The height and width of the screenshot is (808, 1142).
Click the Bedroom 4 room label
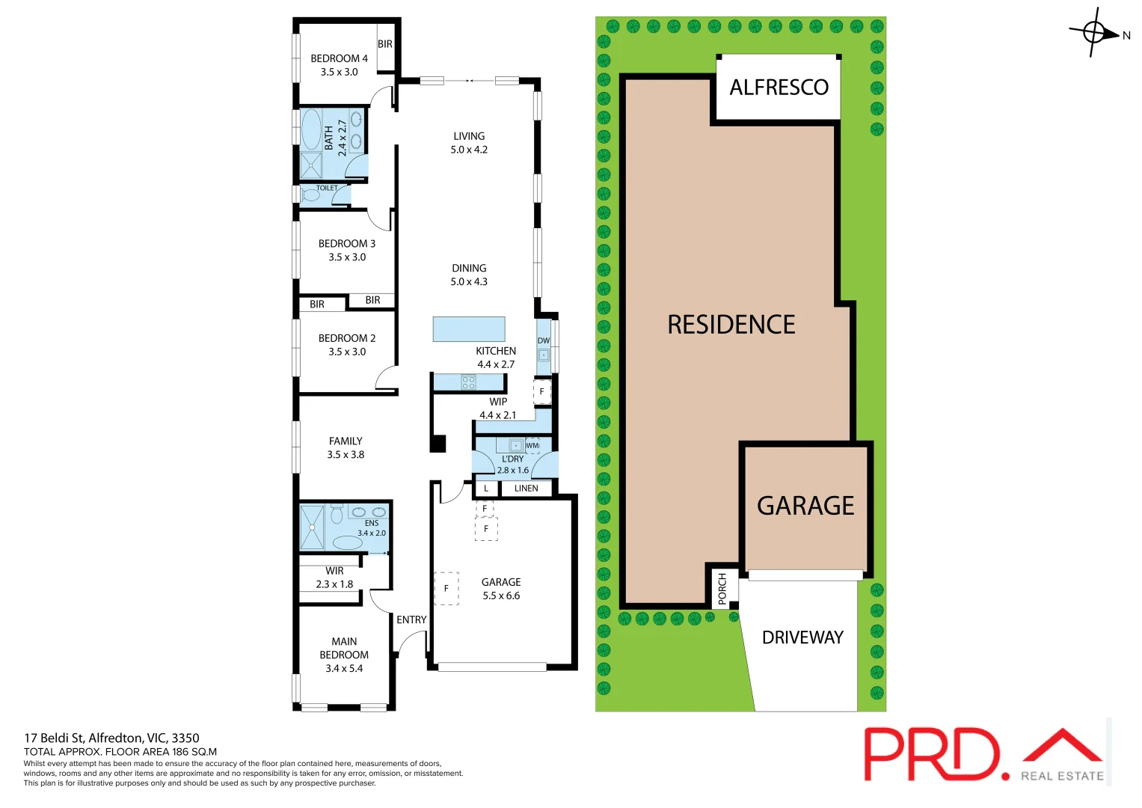tap(339, 58)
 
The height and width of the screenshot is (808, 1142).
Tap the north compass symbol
tap(1096, 32)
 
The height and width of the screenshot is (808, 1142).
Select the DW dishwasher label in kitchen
tap(544, 340)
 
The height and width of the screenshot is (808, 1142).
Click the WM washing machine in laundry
tap(532, 445)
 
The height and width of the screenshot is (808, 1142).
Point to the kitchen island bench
tap(469, 329)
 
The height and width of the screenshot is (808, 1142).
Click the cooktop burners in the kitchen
tap(469, 382)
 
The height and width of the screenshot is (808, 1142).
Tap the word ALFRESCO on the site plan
tap(779, 88)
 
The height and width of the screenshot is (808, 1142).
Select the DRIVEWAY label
tap(802, 637)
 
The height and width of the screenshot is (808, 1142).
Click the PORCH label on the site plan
tap(722, 589)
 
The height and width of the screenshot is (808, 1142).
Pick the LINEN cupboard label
tap(526, 489)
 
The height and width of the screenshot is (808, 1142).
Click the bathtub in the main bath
tap(311, 129)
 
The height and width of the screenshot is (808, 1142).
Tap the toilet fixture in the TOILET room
tap(310, 195)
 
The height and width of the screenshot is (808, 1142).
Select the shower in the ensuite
tap(312, 527)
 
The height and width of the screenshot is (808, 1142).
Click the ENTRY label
tap(411, 619)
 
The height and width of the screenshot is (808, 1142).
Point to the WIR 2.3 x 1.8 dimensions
tap(334, 584)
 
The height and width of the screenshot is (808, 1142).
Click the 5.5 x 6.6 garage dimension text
tap(501, 596)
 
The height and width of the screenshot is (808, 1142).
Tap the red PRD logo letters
tap(932, 754)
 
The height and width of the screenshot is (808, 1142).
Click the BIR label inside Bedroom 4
tap(385, 44)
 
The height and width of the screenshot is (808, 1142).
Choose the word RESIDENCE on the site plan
tap(731, 325)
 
